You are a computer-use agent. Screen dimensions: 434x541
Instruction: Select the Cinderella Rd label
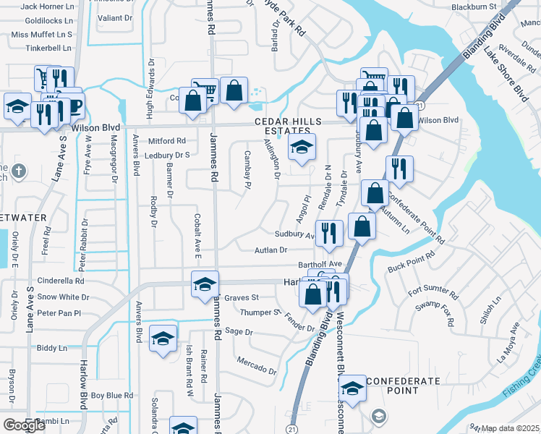pyautogui.click(x=61, y=281)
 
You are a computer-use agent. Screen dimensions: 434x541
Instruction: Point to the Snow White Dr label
pyautogui.click(x=63, y=297)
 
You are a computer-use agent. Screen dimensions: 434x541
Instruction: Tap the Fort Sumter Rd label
pyautogui.click(x=433, y=292)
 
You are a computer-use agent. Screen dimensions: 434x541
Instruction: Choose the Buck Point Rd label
pyautogui.click(x=412, y=260)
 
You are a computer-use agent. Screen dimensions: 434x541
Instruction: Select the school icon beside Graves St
pyautogui.click(x=205, y=284)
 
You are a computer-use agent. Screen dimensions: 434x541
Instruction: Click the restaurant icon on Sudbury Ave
pyautogui.click(x=329, y=232)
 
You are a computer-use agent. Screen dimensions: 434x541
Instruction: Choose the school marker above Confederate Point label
pyautogui.click(x=352, y=388)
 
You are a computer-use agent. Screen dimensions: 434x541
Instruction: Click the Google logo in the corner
pyautogui.click(x=24, y=425)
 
